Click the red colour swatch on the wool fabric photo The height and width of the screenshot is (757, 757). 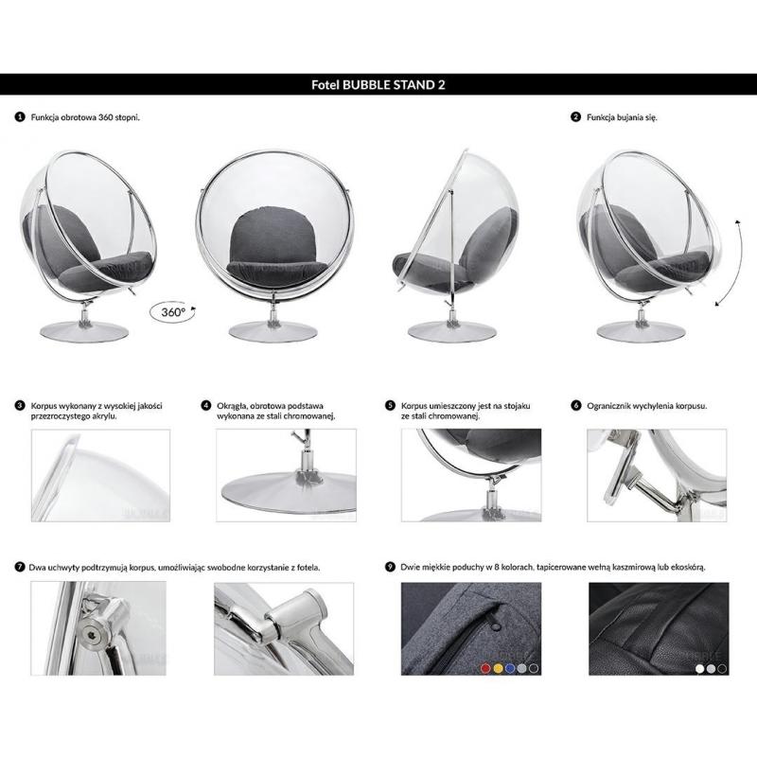[485, 668]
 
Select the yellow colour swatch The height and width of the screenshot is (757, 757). [498, 668]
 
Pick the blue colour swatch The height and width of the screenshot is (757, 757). [510, 668]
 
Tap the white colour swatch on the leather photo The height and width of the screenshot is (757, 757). [699, 669]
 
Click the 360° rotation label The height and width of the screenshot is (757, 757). [173, 312]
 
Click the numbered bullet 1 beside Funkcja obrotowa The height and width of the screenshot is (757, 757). [20, 116]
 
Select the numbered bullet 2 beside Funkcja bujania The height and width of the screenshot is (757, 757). [575, 116]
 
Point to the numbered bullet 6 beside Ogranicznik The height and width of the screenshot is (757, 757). [576, 406]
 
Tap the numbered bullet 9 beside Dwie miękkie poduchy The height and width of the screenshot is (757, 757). [390, 567]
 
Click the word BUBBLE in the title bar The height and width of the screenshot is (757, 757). [365, 85]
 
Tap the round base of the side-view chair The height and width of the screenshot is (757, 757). [452, 332]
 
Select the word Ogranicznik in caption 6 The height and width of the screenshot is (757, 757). [608, 406]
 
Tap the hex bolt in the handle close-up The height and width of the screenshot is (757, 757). [91, 633]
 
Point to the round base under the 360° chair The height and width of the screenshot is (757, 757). [84, 332]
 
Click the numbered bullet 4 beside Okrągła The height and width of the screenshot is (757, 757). [206, 406]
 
